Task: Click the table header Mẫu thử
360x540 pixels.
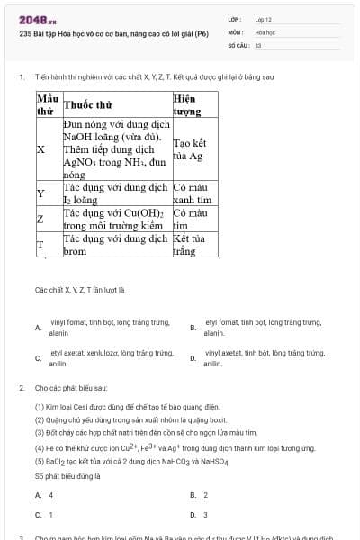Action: coord(47,104)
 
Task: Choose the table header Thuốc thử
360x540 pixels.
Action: coord(88,104)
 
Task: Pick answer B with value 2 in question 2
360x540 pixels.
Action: coord(200,495)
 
